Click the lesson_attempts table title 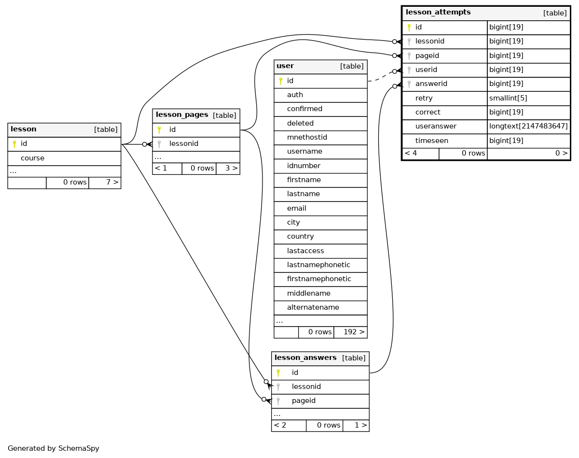(x=438, y=13)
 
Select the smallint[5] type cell (x=508, y=98)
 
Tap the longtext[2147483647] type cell (x=528, y=126)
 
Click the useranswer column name (x=436, y=126)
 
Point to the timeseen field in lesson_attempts (x=431, y=141)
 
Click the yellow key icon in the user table (x=281, y=81)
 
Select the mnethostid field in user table (x=307, y=137)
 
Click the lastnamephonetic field (x=318, y=265)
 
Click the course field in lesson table (x=32, y=158)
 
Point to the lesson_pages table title (x=182, y=115)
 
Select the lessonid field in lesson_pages (x=184, y=143)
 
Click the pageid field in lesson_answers (x=303, y=401)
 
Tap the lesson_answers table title (x=305, y=358)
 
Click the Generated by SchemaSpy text (x=53, y=448)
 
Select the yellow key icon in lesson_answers (x=278, y=373)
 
